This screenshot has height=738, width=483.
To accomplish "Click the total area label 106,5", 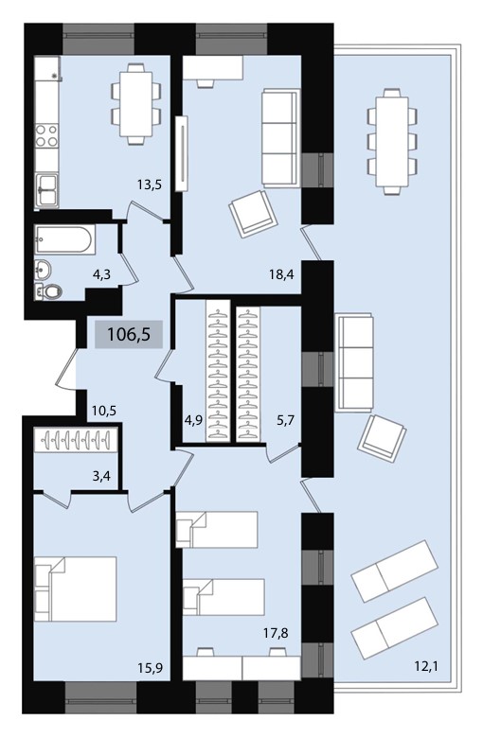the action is [x=129, y=334].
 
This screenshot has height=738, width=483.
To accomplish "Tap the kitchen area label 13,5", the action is [x=150, y=184].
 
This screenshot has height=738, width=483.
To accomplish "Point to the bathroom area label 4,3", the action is [x=101, y=274].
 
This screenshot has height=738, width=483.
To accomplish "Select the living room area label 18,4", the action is [x=281, y=274].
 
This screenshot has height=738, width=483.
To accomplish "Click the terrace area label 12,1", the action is [x=426, y=666].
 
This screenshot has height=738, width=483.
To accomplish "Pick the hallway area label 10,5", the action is [x=103, y=411].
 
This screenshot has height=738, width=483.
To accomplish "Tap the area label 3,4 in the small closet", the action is [x=101, y=476].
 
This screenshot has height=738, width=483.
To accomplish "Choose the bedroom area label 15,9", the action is [x=150, y=667].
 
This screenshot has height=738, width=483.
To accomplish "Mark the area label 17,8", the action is [x=276, y=633].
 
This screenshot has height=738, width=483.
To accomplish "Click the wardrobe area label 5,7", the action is [x=286, y=419].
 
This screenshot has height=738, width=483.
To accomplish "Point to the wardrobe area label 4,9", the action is [x=193, y=419].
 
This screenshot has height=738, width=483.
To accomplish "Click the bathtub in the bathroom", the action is [x=65, y=239].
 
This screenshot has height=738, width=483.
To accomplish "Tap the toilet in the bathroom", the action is [x=49, y=291].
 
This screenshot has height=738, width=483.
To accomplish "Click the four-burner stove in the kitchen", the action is [x=46, y=135].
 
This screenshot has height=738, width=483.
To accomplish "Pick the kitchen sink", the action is [x=46, y=189].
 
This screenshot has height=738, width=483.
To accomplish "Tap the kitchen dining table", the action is [x=136, y=104].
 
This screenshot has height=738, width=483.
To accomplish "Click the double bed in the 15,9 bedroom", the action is [x=76, y=589].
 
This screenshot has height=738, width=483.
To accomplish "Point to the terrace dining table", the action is [x=392, y=141].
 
